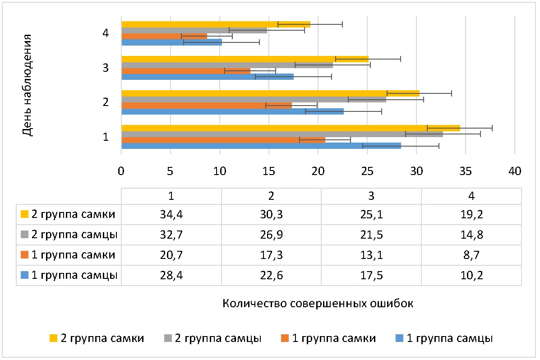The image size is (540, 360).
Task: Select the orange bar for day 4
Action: point(164,36)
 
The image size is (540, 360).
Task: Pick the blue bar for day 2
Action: point(232,111)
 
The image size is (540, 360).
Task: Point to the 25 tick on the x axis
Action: point(367,171)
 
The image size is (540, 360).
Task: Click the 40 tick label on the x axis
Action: point(514,171)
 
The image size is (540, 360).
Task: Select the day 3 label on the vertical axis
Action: point(105,68)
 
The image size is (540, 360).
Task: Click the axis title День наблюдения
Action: point(28,85)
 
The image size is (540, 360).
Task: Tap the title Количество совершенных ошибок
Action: point(318,303)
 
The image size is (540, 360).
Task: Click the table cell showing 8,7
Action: point(471,255)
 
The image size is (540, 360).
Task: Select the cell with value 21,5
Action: point(371,235)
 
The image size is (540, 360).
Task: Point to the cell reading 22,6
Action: point(271,275)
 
